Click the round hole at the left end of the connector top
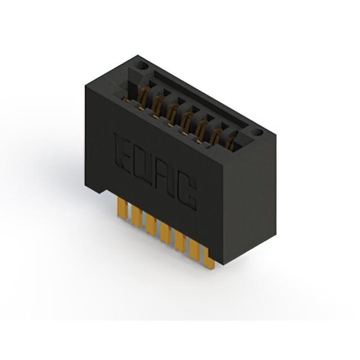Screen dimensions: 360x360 [142, 66]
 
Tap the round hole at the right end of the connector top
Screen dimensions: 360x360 [258, 132]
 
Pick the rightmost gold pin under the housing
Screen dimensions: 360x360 [210, 259]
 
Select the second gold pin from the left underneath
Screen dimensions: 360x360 [137, 217]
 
